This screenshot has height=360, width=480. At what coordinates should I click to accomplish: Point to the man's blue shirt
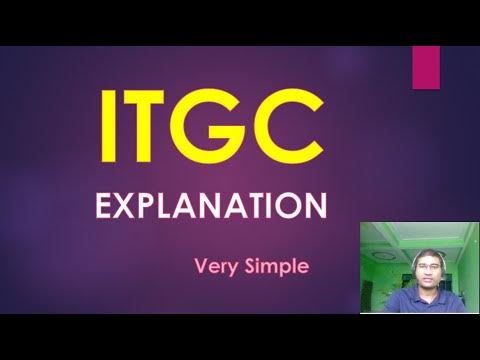click(412, 302)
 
